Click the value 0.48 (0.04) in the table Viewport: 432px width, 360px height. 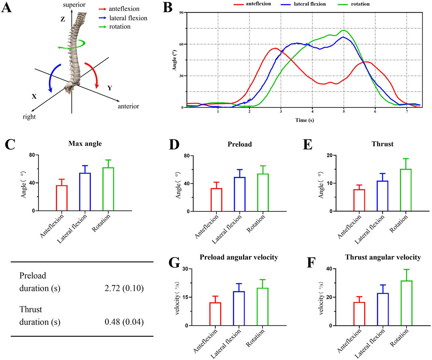(124, 323)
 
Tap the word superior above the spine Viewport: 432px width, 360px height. (72, 4)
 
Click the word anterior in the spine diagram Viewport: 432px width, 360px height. (129, 106)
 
